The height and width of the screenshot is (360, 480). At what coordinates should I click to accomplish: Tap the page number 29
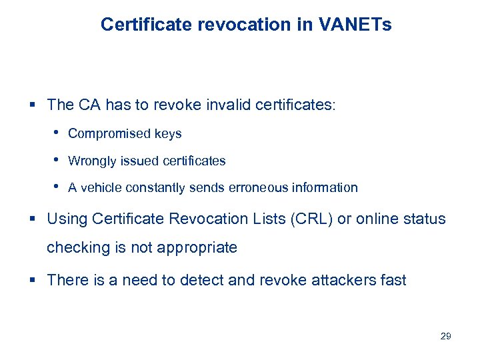coord(446,336)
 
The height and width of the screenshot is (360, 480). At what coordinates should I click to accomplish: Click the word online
coord(377,219)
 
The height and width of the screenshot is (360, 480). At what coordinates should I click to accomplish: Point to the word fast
coord(392,280)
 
